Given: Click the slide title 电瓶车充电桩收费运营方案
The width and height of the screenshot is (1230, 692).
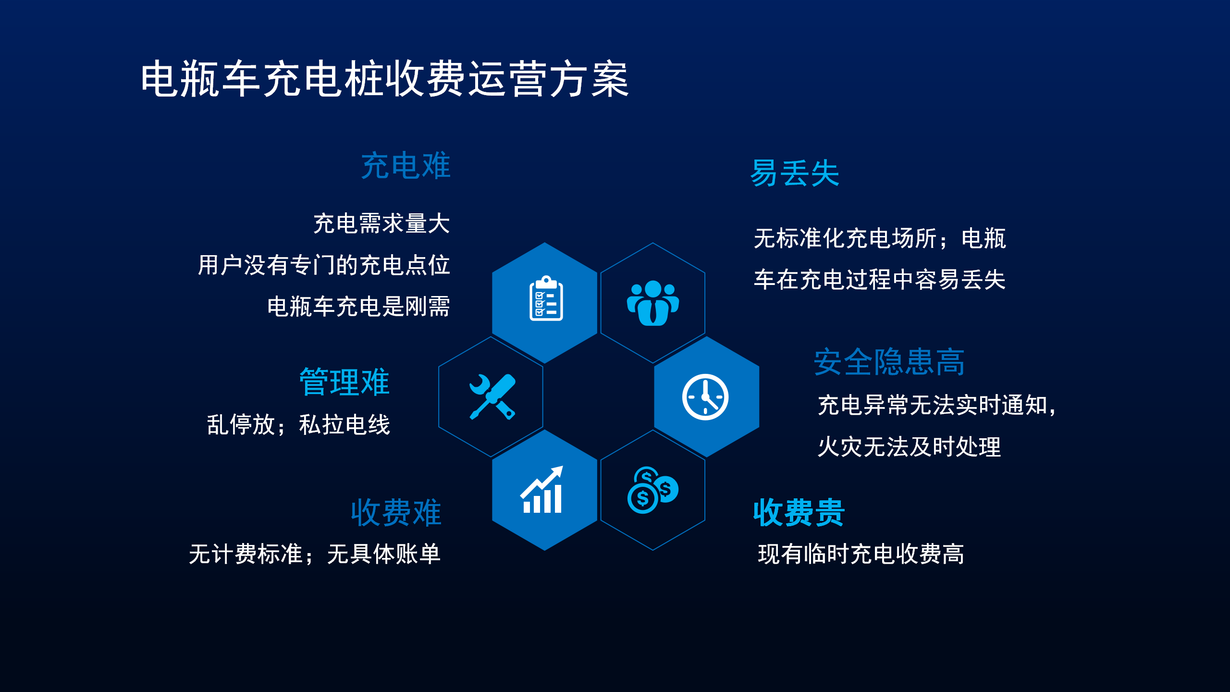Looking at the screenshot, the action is click(385, 79).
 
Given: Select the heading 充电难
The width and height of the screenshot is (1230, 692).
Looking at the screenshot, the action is click(406, 166).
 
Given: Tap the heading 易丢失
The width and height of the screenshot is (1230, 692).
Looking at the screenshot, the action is click(795, 173).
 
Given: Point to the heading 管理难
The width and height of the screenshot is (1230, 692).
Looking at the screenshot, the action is click(344, 382).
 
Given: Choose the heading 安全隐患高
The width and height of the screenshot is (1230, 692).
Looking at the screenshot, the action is click(889, 362).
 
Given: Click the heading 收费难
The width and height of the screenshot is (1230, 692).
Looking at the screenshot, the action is click(396, 512).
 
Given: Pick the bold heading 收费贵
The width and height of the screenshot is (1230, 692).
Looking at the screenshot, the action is click(799, 512).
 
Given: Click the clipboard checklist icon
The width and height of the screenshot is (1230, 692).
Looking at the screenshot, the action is click(546, 298).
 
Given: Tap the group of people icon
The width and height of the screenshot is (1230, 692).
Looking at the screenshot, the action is click(653, 303).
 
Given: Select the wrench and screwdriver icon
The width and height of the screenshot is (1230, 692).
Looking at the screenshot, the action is click(492, 397).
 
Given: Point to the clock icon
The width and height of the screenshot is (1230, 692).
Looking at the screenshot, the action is click(705, 397).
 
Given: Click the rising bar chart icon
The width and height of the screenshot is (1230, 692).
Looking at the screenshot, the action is click(542, 490).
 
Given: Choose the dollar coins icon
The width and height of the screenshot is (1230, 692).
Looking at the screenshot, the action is click(653, 490).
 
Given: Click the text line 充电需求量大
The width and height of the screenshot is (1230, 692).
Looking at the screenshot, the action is click(381, 224).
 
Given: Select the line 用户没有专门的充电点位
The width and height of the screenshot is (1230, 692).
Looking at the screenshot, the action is click(324, 265).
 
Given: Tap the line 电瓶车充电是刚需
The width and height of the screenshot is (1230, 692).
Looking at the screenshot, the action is click(358, 307).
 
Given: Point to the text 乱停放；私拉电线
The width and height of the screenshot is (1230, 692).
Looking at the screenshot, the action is click(298, 425).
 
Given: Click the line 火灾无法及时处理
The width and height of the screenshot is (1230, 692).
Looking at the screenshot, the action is click(910, 446).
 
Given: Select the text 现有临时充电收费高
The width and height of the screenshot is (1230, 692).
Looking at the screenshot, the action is click(861, 554).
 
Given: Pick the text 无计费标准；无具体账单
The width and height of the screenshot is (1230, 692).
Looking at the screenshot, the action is click(315, 554).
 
